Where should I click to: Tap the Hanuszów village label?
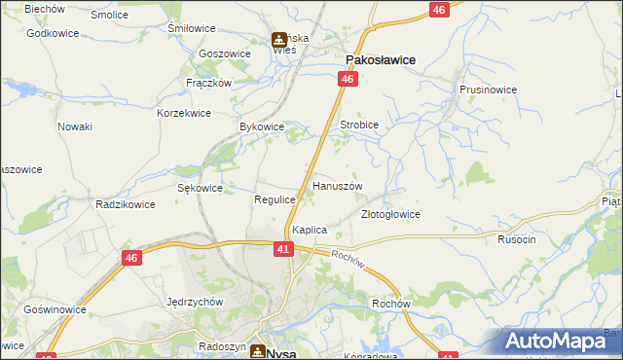(337, 185)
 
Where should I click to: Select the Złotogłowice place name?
(390, 214)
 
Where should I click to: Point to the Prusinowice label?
(488, 89)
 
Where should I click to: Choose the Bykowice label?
(261, 126)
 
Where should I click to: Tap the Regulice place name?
(275, 198)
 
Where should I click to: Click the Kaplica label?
(309, 230)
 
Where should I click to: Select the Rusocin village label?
(517, 239)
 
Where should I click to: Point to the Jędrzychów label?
(196, 302)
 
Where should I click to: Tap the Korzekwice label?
(184, 113)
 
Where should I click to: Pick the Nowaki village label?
(75, 126)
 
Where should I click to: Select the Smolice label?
(109, 16)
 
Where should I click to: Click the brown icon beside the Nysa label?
(257, 351)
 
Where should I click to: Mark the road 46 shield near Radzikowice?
(132, 258)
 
